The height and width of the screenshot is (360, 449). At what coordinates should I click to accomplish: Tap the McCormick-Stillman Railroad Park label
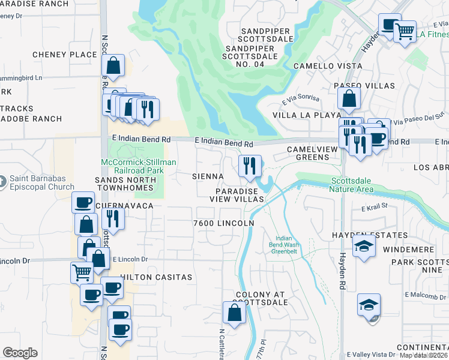click(138, 167)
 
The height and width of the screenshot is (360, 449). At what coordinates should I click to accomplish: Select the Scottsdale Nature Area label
click(351, 185)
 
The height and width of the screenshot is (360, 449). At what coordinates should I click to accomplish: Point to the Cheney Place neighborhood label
click(65, 55)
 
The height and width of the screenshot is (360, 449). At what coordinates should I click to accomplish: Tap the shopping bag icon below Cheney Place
click(113, 66)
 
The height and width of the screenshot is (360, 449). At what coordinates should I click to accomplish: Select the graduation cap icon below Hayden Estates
click(364, 247)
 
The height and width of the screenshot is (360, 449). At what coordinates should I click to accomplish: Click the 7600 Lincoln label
click(223, 223)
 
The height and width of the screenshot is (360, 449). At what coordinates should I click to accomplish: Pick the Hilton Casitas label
click(156, 277)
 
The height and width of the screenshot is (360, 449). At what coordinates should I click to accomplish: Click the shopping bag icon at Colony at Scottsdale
click(234, 312)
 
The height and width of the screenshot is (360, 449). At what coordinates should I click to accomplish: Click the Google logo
click(20, 353)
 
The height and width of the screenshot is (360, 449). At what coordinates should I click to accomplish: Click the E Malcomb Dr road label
click(427, 295)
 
